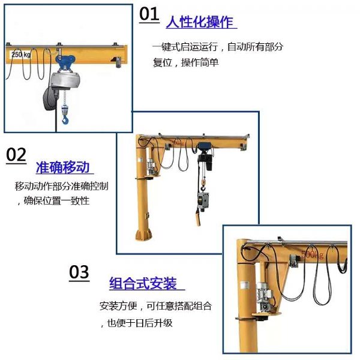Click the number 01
(x=149, y=14)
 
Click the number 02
(x=16, y=155)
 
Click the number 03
(x=79, y=272)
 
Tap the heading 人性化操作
(x=200, y=22)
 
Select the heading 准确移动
(x=62, y=167)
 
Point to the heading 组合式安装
(x=143, y=283)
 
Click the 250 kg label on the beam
(x=21, y=55)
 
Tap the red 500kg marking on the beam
(x=312, y=254)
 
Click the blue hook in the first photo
(x=65, y=119)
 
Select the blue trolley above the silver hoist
(x=65, y=62)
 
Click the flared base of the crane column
(x=144, y=235)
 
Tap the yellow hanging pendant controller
(x=198, y=216)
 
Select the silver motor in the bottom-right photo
(x=265, y=296)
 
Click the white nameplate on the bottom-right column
(x=245, y=284)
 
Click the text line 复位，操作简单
(x=185, y=62)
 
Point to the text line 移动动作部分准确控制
(x=62, y=186)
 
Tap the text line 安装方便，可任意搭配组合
(x=155, y=306)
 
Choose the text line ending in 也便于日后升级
(x=137, y=323)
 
